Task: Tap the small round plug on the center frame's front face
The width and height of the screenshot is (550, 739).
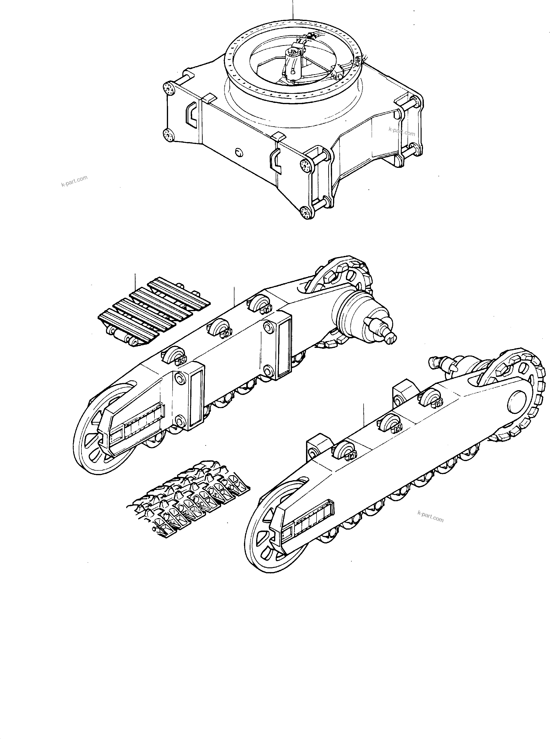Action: click(238, 152)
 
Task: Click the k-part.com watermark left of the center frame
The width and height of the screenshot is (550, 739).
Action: click(74, 181)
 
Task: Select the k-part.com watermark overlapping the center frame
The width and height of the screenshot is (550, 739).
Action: click(402, 132)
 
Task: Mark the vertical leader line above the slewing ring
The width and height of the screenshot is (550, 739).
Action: click(293, 10)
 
